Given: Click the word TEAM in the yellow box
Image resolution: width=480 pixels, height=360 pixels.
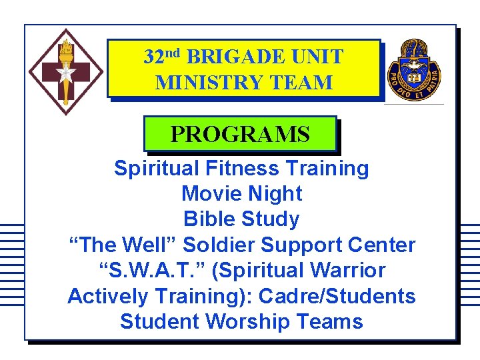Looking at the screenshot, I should (298, 83).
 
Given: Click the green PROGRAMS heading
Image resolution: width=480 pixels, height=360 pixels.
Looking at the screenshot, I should (240, 134).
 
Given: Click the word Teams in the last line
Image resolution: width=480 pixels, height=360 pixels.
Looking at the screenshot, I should (331, 321).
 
